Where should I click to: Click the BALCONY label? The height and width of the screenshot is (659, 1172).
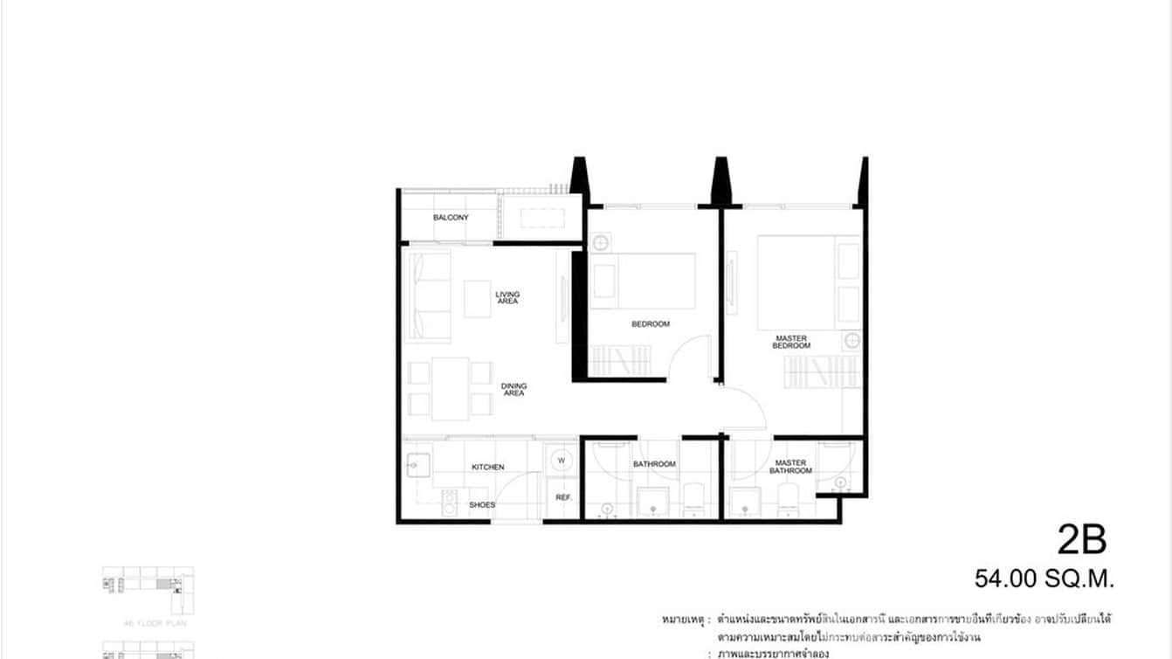pyautogui.click(x=451, y=218)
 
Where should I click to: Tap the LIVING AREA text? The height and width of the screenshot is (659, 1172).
pyautogui.click(x=507, y=298)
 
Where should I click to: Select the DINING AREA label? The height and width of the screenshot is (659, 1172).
pyautogui.click(x=514, y=390)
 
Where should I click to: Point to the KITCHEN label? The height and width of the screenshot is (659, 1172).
pyautogui.click(x=487, y=468)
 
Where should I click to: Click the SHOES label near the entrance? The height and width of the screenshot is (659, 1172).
pyautogui.click(x=481, y=505)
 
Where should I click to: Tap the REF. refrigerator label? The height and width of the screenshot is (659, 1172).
pyautogui.click(x=563, y=497)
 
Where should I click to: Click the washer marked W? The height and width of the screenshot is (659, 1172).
pyautogui.click(x=562, y=461)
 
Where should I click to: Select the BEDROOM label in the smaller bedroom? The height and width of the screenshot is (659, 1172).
pyautogui.click(x=651, y=324)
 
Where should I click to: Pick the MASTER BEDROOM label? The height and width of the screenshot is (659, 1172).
pyautogui.click(x=791, y=342)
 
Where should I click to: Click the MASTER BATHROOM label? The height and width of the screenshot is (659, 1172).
pyautogui.click(x=790, y=467)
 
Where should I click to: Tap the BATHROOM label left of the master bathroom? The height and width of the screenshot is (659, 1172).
pyautogui.click(x=654, y=464)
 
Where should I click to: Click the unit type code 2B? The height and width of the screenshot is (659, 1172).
pyautogui.click(x=1081, y=541)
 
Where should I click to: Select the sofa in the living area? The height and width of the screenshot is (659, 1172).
pyautogui.click(x=430, y=295)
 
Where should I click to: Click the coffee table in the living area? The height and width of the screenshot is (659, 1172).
pyautogui.click(x=477, y=298)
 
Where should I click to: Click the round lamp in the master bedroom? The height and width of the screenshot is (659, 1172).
pyautogui.click(x=851, y=340)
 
